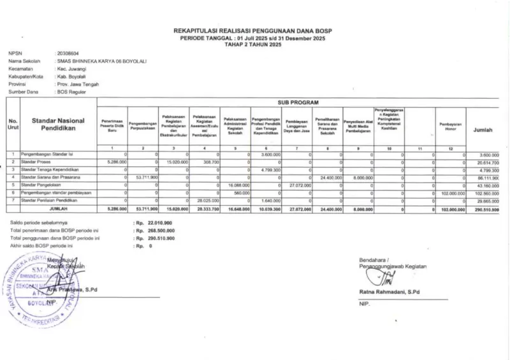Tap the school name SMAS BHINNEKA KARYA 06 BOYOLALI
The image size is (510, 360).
101,61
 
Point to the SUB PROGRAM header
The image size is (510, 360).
298,102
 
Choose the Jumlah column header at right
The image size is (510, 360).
483,129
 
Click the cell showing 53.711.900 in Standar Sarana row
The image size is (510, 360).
145,178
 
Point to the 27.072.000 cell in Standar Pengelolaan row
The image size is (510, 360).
298,185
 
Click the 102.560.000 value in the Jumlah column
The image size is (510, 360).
487,192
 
